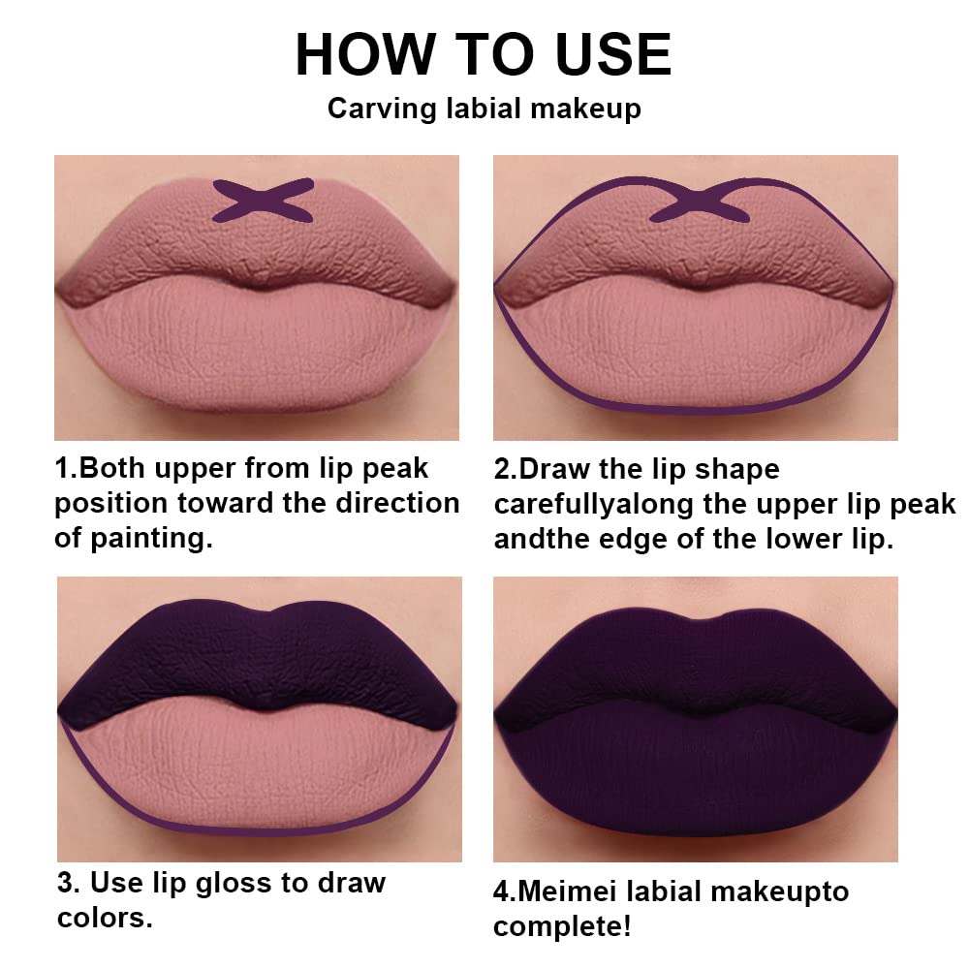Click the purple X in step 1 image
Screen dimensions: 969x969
point(264,201)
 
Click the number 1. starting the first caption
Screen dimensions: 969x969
point(66,469)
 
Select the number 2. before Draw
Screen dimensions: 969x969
point(506,470)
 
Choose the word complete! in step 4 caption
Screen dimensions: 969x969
point(562,926)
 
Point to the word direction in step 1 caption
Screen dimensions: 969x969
point(397,504)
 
